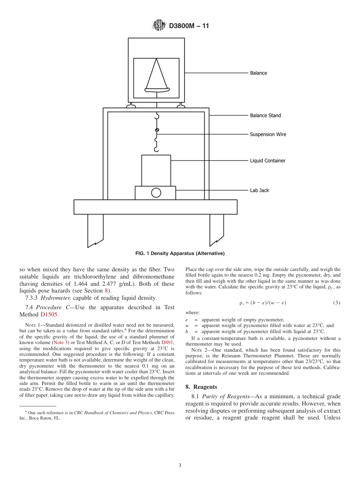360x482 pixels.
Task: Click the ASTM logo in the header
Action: point(159,25)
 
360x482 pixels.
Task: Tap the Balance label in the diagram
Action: point(258,73)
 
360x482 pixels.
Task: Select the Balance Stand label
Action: point(265,116)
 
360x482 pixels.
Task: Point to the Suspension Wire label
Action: point(268,135)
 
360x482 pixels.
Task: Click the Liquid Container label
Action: point(268,161)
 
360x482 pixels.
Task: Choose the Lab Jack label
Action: point(259,191)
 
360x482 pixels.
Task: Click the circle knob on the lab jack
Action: point(156,193)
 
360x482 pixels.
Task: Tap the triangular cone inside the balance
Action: point(156,75)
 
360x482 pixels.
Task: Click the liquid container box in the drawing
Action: point(156,170)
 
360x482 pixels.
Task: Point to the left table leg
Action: point(95,230)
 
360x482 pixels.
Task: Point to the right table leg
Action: point(216,230)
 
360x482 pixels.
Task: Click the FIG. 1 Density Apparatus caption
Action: point(180,254)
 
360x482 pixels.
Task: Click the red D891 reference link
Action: point(167,343)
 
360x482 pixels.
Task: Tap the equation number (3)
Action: point(336,303)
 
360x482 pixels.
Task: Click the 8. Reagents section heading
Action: point(201,387)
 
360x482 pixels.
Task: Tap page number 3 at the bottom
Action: point(180,466)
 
